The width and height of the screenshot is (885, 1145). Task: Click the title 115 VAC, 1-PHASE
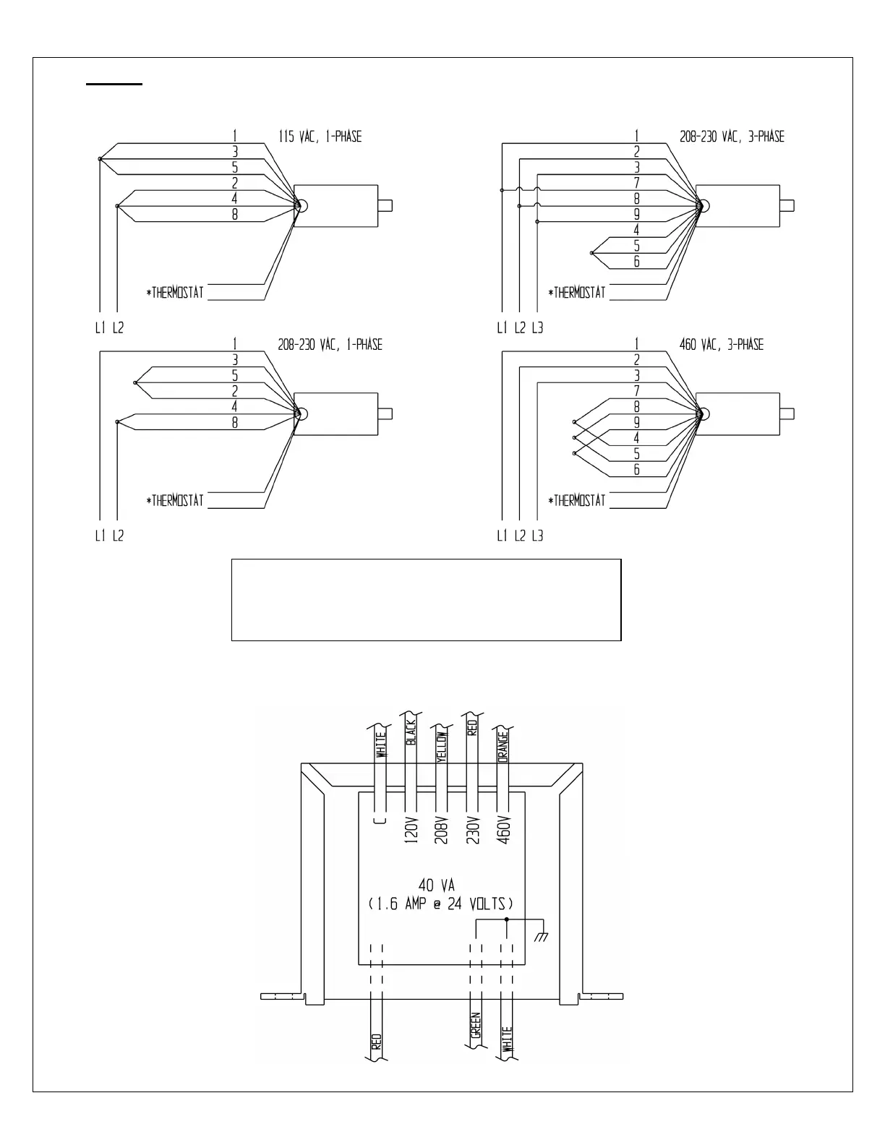click(320, 136)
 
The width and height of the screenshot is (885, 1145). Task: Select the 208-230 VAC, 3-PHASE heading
click(732, 136)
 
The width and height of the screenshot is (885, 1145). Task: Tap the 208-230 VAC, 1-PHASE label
click(330, 344)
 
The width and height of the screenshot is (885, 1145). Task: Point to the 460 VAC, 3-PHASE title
click(721, 344)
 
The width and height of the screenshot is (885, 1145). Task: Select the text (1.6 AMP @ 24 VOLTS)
click(440, 904)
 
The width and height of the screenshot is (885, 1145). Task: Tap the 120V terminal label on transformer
click(411, 829)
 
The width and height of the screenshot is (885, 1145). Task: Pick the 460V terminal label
click(505, 829)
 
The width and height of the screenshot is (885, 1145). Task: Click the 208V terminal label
click(442, 829)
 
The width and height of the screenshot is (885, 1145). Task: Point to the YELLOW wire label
click(442, 746)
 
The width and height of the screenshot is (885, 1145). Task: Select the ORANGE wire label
click(503, 746)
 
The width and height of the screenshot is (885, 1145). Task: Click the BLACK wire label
click(411, 732)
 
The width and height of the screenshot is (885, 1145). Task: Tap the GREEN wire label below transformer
click(476, 1025)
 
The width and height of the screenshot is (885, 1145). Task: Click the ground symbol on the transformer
click(540, 937)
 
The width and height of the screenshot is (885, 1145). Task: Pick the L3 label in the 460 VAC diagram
click(537, 536)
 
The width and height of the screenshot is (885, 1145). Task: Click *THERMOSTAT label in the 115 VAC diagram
click(175, 292)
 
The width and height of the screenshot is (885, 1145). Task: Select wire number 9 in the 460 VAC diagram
click(636, 422)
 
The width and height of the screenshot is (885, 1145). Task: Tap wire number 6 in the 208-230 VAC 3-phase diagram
click(636, 262)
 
